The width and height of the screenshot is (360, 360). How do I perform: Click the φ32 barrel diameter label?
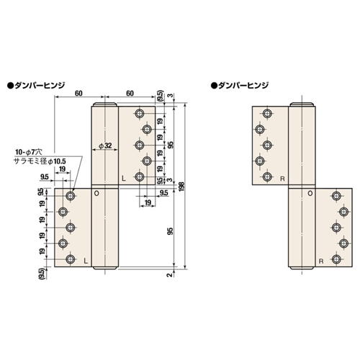click(105, 145)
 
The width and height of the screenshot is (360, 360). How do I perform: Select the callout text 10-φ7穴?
click(29, 152)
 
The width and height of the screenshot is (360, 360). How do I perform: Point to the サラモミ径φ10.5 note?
click(40, 161)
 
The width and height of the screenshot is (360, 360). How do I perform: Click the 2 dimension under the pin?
click(170, 275)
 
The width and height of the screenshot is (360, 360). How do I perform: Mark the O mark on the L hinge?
click(96, 193)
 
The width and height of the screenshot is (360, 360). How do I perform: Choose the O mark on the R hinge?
click(310, 193)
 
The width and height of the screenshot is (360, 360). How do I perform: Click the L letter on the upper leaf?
click(124, 179)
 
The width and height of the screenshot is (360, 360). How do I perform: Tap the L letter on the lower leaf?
click(86, 261)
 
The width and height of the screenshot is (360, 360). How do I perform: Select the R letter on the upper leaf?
click(282, 179)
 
